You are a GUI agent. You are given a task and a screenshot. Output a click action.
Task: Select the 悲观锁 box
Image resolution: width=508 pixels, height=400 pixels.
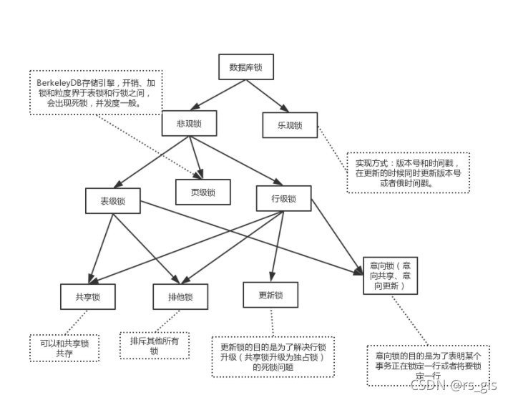pos(190,123)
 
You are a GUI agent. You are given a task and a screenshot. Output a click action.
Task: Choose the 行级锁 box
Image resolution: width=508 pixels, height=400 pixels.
pos(283,198)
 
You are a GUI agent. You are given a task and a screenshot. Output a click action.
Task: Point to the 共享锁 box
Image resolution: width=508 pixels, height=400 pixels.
pos(87,297)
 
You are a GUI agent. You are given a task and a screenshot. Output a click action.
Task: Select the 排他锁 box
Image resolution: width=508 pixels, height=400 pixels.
pos(180,297)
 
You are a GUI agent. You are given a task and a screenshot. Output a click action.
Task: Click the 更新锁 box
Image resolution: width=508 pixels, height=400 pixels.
pos(270,295)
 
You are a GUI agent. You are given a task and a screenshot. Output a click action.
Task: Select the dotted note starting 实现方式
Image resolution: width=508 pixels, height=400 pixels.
pos(407,172)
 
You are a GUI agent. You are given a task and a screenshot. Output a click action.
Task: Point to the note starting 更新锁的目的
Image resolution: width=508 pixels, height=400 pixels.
pos(275,356)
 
